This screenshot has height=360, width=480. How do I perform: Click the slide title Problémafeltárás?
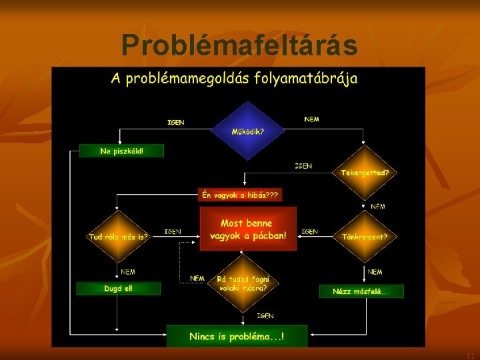(239, 45)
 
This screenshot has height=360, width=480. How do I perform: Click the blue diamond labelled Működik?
(247, 131)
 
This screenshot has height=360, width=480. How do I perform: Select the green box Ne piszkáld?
(121, 151)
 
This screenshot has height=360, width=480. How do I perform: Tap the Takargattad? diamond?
(364, 171)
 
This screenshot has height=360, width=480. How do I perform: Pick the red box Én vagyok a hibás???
(241, 195)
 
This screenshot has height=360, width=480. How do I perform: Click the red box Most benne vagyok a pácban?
(247, 229)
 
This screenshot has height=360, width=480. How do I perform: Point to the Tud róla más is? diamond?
(119, 235)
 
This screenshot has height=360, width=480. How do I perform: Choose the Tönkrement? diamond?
(364, 235)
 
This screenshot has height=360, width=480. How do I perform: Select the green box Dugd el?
(118, 289)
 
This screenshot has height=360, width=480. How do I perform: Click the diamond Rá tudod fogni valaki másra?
(243, 283)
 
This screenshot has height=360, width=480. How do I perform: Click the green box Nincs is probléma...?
(237, 336)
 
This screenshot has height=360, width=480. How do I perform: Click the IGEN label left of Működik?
(176, 123)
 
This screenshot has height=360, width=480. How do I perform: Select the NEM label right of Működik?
(311, 119)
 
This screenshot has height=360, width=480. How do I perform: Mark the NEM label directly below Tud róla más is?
(128, 271)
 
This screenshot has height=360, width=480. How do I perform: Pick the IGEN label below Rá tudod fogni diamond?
(265, 315)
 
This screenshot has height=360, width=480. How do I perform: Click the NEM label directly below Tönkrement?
(375, 271)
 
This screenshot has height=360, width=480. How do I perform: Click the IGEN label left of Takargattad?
(303, 165)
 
